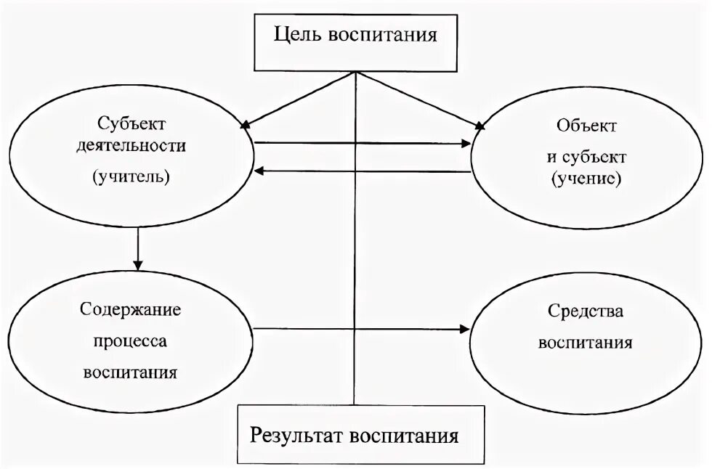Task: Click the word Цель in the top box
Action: (x=298, y=35)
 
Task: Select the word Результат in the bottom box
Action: (x=296, y=436)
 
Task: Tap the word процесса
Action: (x=131, y=341)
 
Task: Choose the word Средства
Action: (x=586, y=312)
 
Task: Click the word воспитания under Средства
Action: (x=586, y=342)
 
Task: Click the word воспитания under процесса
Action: (x=131, y=373)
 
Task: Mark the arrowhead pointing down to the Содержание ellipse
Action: (x=137, y=264)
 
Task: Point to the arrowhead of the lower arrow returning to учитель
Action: (x=259, y=171)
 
